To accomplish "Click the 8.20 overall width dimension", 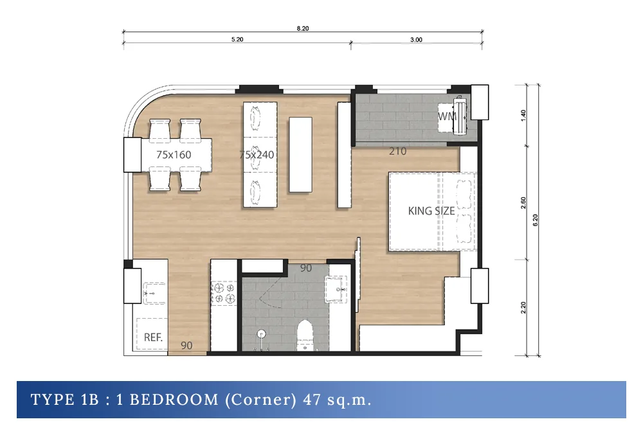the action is [303, 28].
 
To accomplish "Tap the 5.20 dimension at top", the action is [237, 39].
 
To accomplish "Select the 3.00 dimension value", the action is [416, 40].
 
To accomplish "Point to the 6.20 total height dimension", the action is [535, 220].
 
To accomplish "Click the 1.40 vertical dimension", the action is [523, 116].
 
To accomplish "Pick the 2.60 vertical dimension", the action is [523, 203].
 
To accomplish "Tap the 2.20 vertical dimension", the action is [523, 308].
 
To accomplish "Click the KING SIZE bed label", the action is [431, 211].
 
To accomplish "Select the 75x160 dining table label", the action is [174, 155].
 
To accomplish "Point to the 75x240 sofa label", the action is [257, 155].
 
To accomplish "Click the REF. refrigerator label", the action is [153, 337].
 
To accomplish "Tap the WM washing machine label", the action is [447, 116].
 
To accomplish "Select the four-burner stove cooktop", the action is [224, 293].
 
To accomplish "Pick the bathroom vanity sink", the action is [337, 289].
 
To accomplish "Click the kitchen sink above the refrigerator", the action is [154, 293].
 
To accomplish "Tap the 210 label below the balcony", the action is [397, 152].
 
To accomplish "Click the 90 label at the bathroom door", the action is [306, 269].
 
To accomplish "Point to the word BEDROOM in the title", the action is [174, 400].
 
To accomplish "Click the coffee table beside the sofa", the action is [300, 155].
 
